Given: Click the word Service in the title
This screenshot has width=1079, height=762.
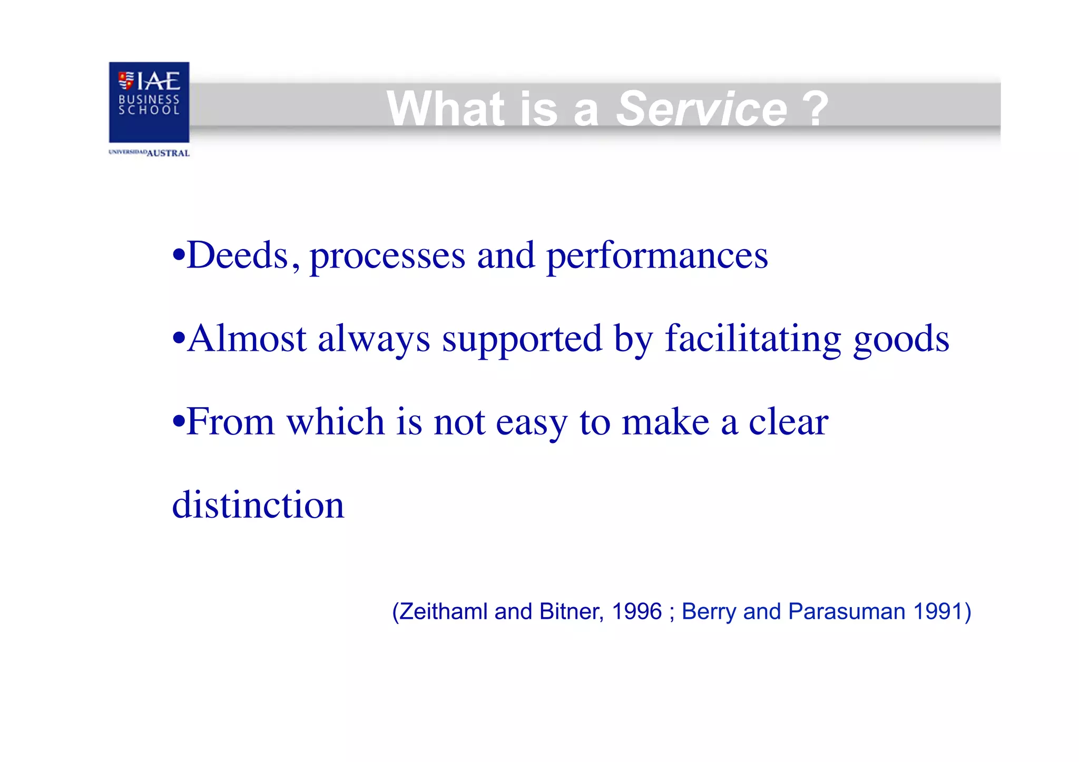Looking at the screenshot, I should (701, 109).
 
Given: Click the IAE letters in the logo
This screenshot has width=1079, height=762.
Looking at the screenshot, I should (159, 81).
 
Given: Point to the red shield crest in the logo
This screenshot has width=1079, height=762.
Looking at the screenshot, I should (126, 80).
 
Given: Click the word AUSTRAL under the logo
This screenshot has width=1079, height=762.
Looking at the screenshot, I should (168, 153).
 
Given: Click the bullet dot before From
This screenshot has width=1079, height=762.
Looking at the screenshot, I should (179, 421).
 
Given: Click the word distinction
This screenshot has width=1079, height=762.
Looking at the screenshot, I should (258, 505).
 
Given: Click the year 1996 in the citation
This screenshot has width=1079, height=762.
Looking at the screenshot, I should (636, 612).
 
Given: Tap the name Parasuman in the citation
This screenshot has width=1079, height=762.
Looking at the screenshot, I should (847, 612).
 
